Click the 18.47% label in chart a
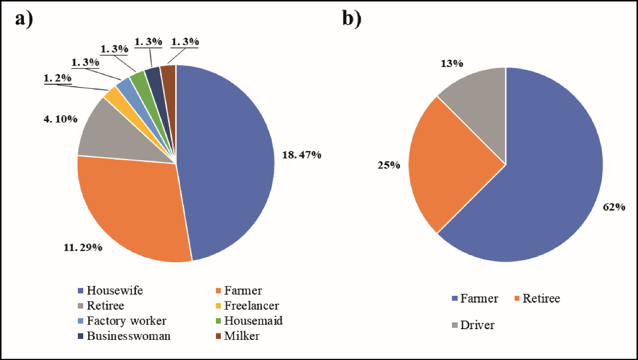pyautogui.click(x=302, y=155)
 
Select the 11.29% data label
pyautogui.click(x=83, y=247)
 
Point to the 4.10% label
pyautogui.click(x=60, y=119)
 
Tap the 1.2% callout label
pyautogui.click(x=58, y=78)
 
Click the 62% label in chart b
pyautogui.click(x=614, y=207)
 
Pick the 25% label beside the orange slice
pyautogui.click(x=389, y=165)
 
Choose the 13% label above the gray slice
pyautogui.click(x=452, y=64)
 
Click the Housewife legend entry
pyautogui.click(x=110, y=290)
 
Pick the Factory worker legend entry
pyautogui.click(x=122, y=321)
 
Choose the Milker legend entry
pyautogui.click(x=237, y=336)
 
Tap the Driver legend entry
pyautogui.click(x=473, y=325)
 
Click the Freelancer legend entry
pyautogui.click(x=247, y=306)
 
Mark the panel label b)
pyautogui.click(x=352, y=20)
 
